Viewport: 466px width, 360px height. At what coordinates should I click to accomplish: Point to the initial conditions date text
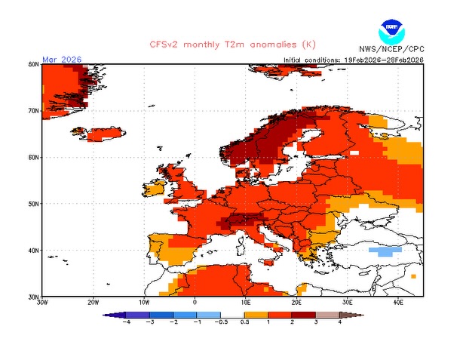[x=353, y=59]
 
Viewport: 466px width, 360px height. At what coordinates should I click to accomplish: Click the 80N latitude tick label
[x=33, y=65]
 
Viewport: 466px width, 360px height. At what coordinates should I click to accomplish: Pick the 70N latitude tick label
[x=33, y=111]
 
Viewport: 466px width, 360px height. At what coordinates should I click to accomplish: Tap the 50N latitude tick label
[x=33, y=204]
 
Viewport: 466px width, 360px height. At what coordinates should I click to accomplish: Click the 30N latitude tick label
[x=33, y=297]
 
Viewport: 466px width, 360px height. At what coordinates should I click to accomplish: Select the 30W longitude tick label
[x=43, y=303]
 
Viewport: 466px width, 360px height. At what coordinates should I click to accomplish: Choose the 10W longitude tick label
[x=144, y=303]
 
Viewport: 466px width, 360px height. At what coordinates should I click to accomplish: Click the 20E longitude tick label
[x=296, y=303]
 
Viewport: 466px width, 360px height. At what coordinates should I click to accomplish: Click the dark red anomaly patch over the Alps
[x=243, y=220]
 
